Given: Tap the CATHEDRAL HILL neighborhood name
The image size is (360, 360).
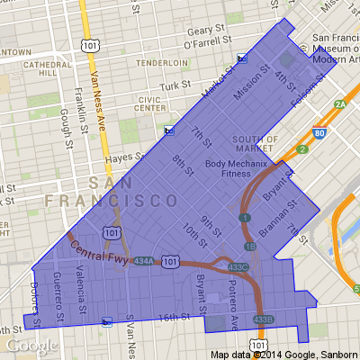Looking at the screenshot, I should tap(40, 70).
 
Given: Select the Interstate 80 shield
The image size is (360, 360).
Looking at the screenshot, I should tap(319, 134).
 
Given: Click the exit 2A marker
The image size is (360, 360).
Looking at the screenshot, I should tap(340, 104).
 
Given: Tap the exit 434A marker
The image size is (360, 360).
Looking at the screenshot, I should tap(143, 261).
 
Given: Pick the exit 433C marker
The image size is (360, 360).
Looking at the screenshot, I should tap(238, 267).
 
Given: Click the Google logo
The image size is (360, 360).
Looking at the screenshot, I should tap(32, 346).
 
